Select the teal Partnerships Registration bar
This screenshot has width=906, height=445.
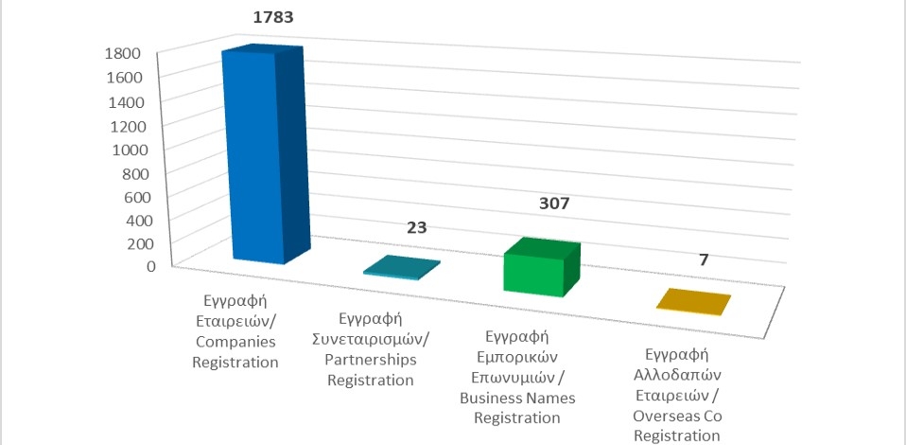400,268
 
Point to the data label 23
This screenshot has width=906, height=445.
417,228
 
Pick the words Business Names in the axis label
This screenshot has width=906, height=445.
517,397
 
